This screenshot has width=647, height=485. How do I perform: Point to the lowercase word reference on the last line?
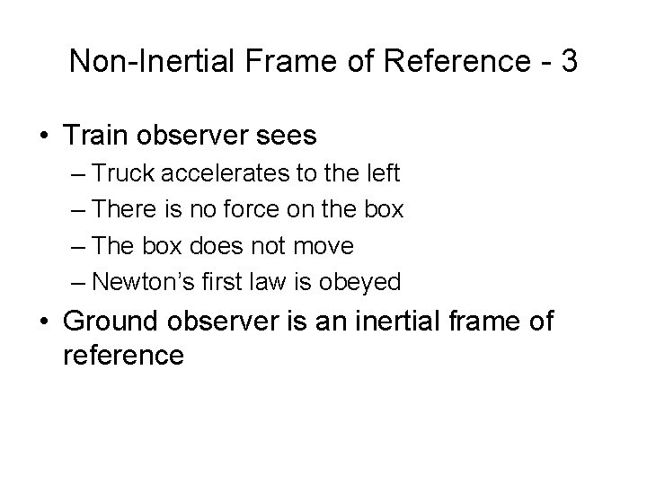point(124,355)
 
